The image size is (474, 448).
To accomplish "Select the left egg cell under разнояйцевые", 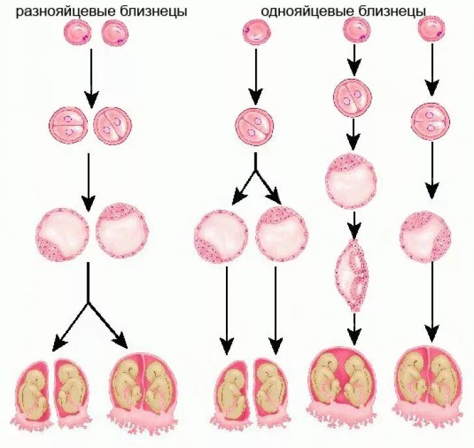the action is point(78,33).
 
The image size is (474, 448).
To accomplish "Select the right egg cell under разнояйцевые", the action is point(115,33).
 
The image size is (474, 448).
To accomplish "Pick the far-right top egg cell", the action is point(431,29).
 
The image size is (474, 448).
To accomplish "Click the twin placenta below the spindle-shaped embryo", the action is point(345,384).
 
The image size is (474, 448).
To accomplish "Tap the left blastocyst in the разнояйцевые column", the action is point(63,235).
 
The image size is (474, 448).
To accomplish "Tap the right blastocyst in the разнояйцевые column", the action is point(120,233).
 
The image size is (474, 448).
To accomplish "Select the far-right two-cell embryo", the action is point(430,120).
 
